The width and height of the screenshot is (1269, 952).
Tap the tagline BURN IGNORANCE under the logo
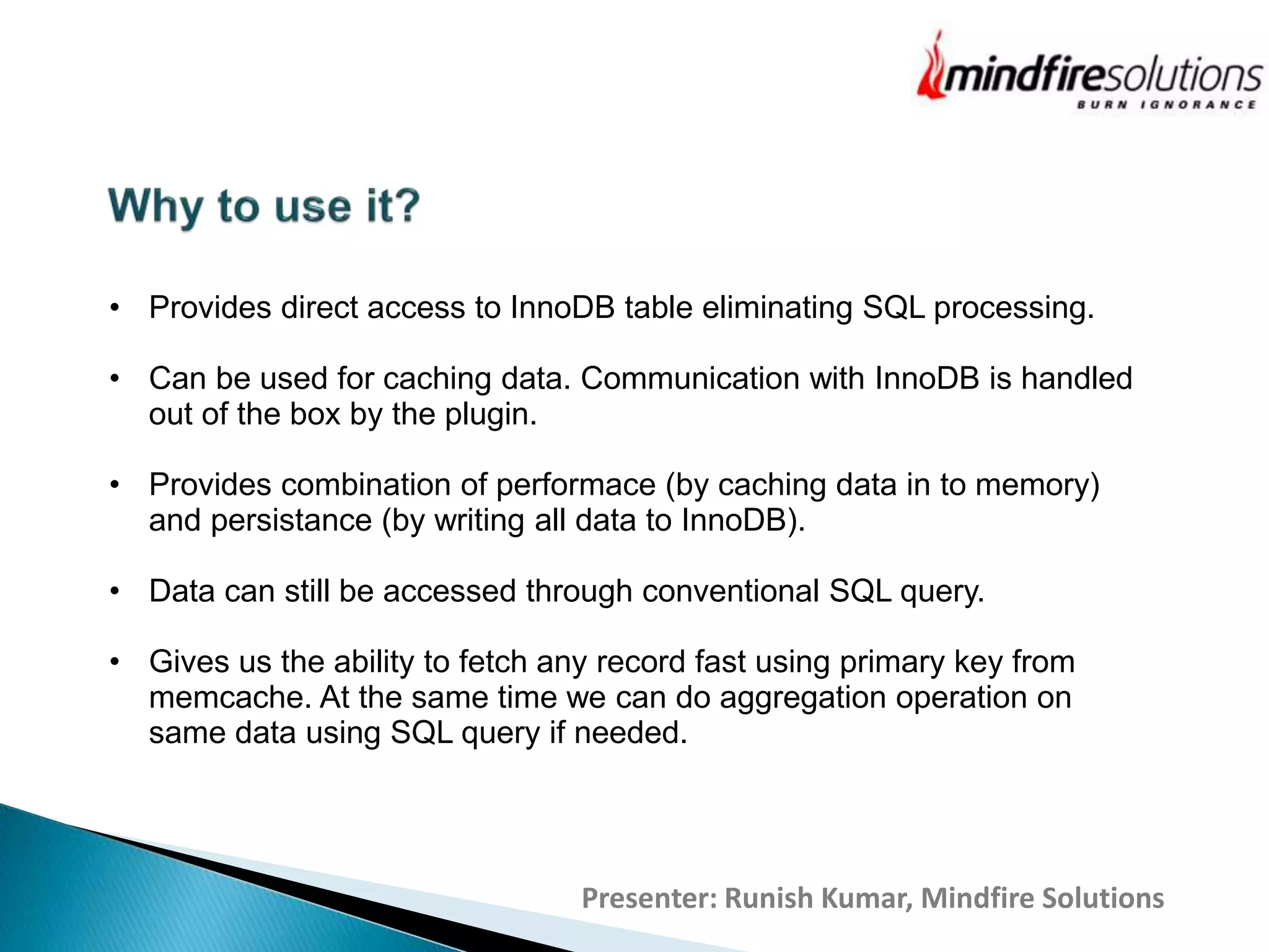[1166, 105]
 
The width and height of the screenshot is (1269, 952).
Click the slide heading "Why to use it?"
[264, 206]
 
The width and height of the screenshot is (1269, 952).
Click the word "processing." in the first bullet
[1014, 308]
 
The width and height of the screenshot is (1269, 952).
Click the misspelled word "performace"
[575, 485]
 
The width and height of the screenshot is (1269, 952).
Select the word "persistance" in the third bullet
[291, 520]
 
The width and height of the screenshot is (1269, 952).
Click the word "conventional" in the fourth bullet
[731, 591]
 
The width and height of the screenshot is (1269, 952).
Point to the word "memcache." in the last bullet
[229, 697]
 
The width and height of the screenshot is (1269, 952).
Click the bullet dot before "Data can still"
[115, 591]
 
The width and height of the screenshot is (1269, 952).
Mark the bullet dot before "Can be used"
[115, 379]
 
